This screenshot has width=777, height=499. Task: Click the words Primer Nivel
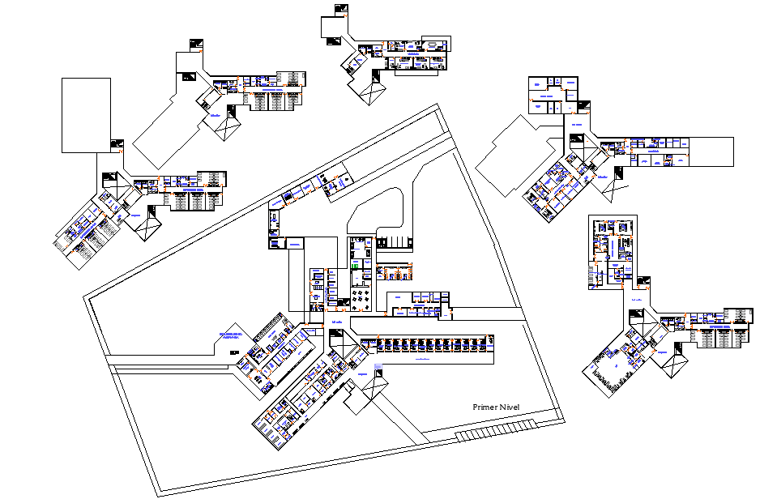502,407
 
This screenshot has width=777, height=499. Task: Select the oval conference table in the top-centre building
436,45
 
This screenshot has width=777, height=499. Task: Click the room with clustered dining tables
357,301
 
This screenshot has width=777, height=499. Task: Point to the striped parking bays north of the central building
397,241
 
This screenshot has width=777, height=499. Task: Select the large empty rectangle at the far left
86,115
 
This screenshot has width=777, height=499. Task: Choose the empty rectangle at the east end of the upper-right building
711,151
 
